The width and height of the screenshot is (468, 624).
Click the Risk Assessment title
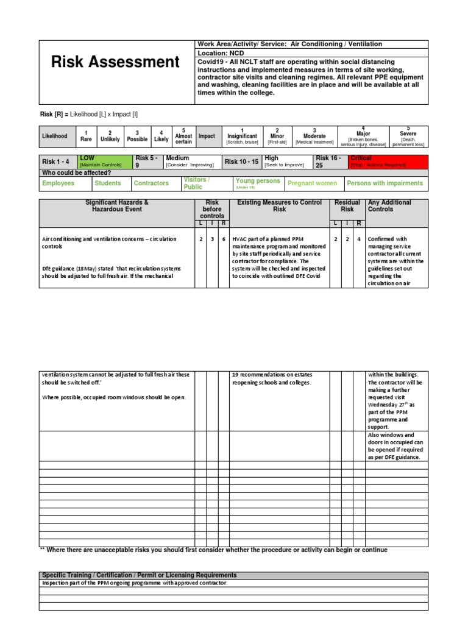(115, 62)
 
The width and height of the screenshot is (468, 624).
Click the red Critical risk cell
(388, 161)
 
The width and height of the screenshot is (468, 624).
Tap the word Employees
(58, 183)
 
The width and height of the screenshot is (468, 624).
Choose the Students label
(108, 183)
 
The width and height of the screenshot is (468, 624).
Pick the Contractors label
(151, 183)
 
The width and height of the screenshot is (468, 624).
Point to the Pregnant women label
(312, 183)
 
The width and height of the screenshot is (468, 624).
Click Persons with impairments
(385, 183)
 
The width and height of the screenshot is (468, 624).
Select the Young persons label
(258, 182)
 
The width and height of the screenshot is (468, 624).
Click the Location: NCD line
(220, 54)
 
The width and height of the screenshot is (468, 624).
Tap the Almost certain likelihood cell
(183, 136)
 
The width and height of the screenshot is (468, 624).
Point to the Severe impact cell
(408, 136)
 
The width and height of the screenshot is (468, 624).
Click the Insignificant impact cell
(243, 136)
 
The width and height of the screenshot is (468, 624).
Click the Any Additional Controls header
(389, 206)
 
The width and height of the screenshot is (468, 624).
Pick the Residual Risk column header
(347, 206)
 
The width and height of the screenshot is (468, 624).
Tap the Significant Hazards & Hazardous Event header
(117, 206)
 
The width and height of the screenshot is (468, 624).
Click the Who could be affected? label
(76, 173)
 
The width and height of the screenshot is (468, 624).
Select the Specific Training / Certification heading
(140, 575)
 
